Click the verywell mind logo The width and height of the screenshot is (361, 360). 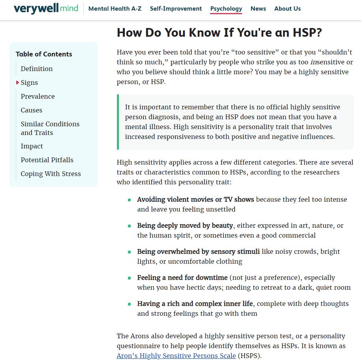[46, 8]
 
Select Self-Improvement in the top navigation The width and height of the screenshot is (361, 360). [176, 9]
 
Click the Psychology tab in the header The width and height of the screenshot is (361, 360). [226, 9]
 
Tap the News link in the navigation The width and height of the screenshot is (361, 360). [258, 9]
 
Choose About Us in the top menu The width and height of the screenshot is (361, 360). [288, 9]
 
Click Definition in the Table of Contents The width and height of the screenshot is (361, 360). [37, 69]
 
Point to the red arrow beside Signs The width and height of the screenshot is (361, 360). [18, 82]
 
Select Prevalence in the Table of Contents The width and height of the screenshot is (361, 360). [38, 96]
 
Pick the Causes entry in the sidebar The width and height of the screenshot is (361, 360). [32, 110]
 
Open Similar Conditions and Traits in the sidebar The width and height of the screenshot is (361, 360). [50, 128]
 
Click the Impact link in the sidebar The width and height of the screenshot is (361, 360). [32, 146]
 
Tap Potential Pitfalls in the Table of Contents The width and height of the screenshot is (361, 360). [47, 160]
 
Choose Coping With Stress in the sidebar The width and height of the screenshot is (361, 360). [51, 174]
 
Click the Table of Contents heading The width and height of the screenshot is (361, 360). [44, 54]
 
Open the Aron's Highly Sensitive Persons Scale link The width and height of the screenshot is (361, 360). [176, 356]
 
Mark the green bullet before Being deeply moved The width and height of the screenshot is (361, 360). [129, 226]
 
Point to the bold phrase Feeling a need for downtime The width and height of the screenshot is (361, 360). [182, 277]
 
